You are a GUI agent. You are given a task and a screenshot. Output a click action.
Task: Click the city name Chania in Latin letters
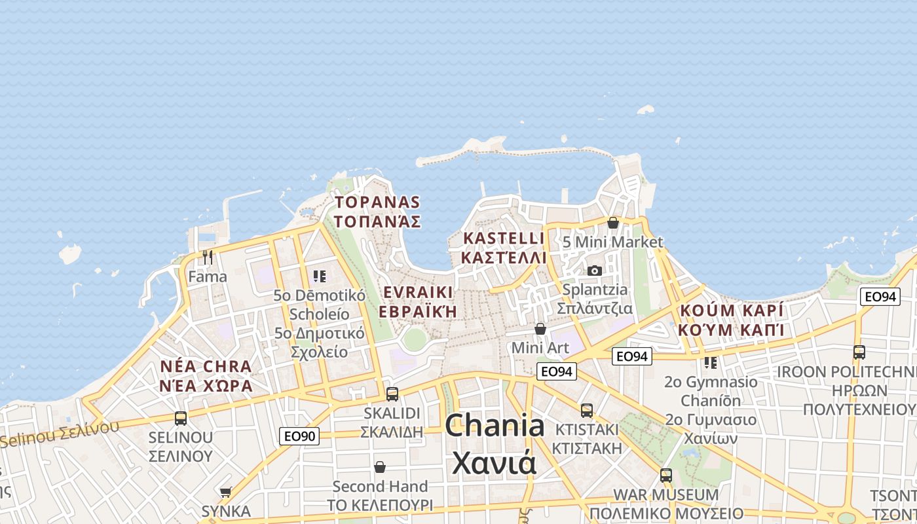point(495,426)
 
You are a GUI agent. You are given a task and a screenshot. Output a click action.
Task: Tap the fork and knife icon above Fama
point(208,257)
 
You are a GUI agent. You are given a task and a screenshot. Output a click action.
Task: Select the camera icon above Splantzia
point(594,271)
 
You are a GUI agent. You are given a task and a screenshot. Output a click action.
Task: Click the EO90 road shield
point(299,436)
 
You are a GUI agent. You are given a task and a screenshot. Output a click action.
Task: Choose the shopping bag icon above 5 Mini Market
point(612,223)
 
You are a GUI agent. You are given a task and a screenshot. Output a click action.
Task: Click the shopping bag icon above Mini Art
point(540,328)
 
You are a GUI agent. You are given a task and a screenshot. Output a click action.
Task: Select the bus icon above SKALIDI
point(392,394)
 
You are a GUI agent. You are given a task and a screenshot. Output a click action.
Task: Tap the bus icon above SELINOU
point(180,417)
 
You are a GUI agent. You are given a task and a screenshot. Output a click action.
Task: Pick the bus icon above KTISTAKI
point(586,410)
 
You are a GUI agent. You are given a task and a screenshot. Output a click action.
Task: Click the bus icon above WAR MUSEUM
point(665,475)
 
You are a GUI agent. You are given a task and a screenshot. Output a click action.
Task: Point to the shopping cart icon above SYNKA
point(226,491)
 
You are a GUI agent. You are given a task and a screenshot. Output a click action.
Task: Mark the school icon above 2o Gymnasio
point(711,362)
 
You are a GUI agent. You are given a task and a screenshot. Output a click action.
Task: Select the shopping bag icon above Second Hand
point(379,467)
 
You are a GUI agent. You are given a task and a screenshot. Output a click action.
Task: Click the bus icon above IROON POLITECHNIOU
point(859,352)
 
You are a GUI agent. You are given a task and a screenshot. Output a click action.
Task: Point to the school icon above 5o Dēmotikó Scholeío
point(319,276)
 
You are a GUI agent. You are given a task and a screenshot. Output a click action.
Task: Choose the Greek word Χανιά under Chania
point(495,462)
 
